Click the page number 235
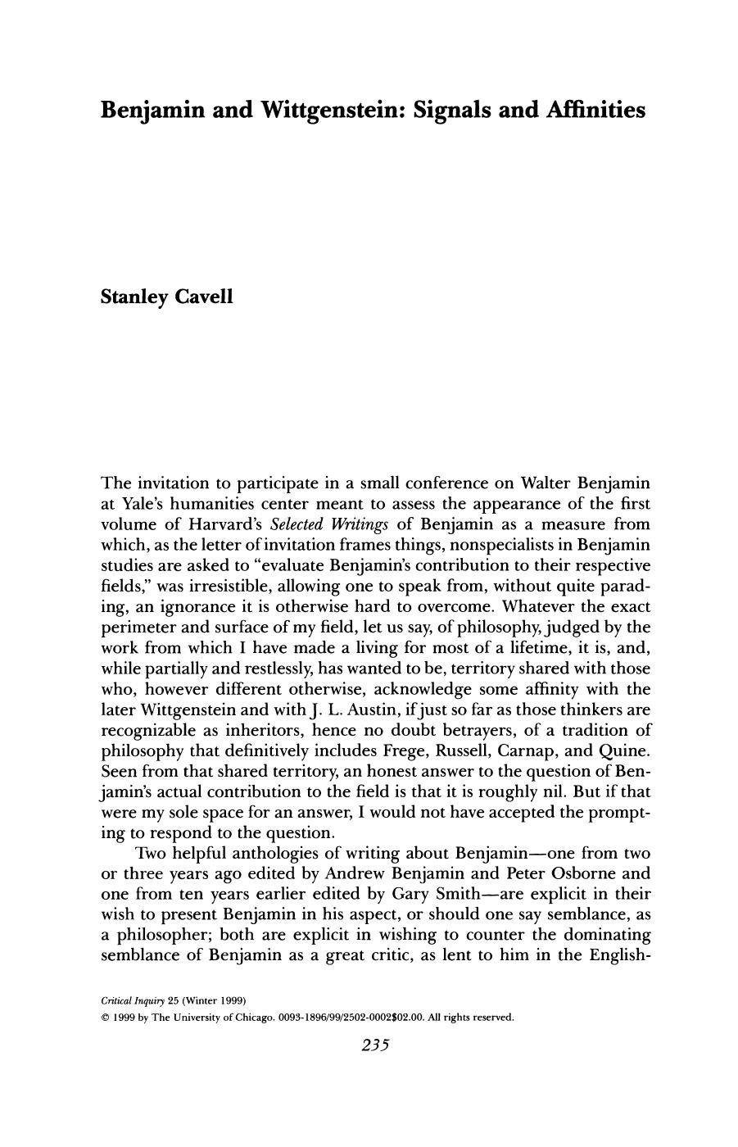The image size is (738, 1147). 369,1045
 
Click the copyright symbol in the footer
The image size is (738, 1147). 104,1018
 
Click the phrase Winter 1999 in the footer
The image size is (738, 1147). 215,1001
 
